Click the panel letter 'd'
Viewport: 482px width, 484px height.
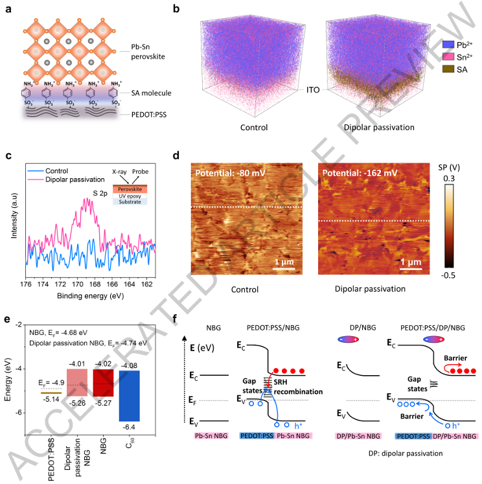tap(178, 156)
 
